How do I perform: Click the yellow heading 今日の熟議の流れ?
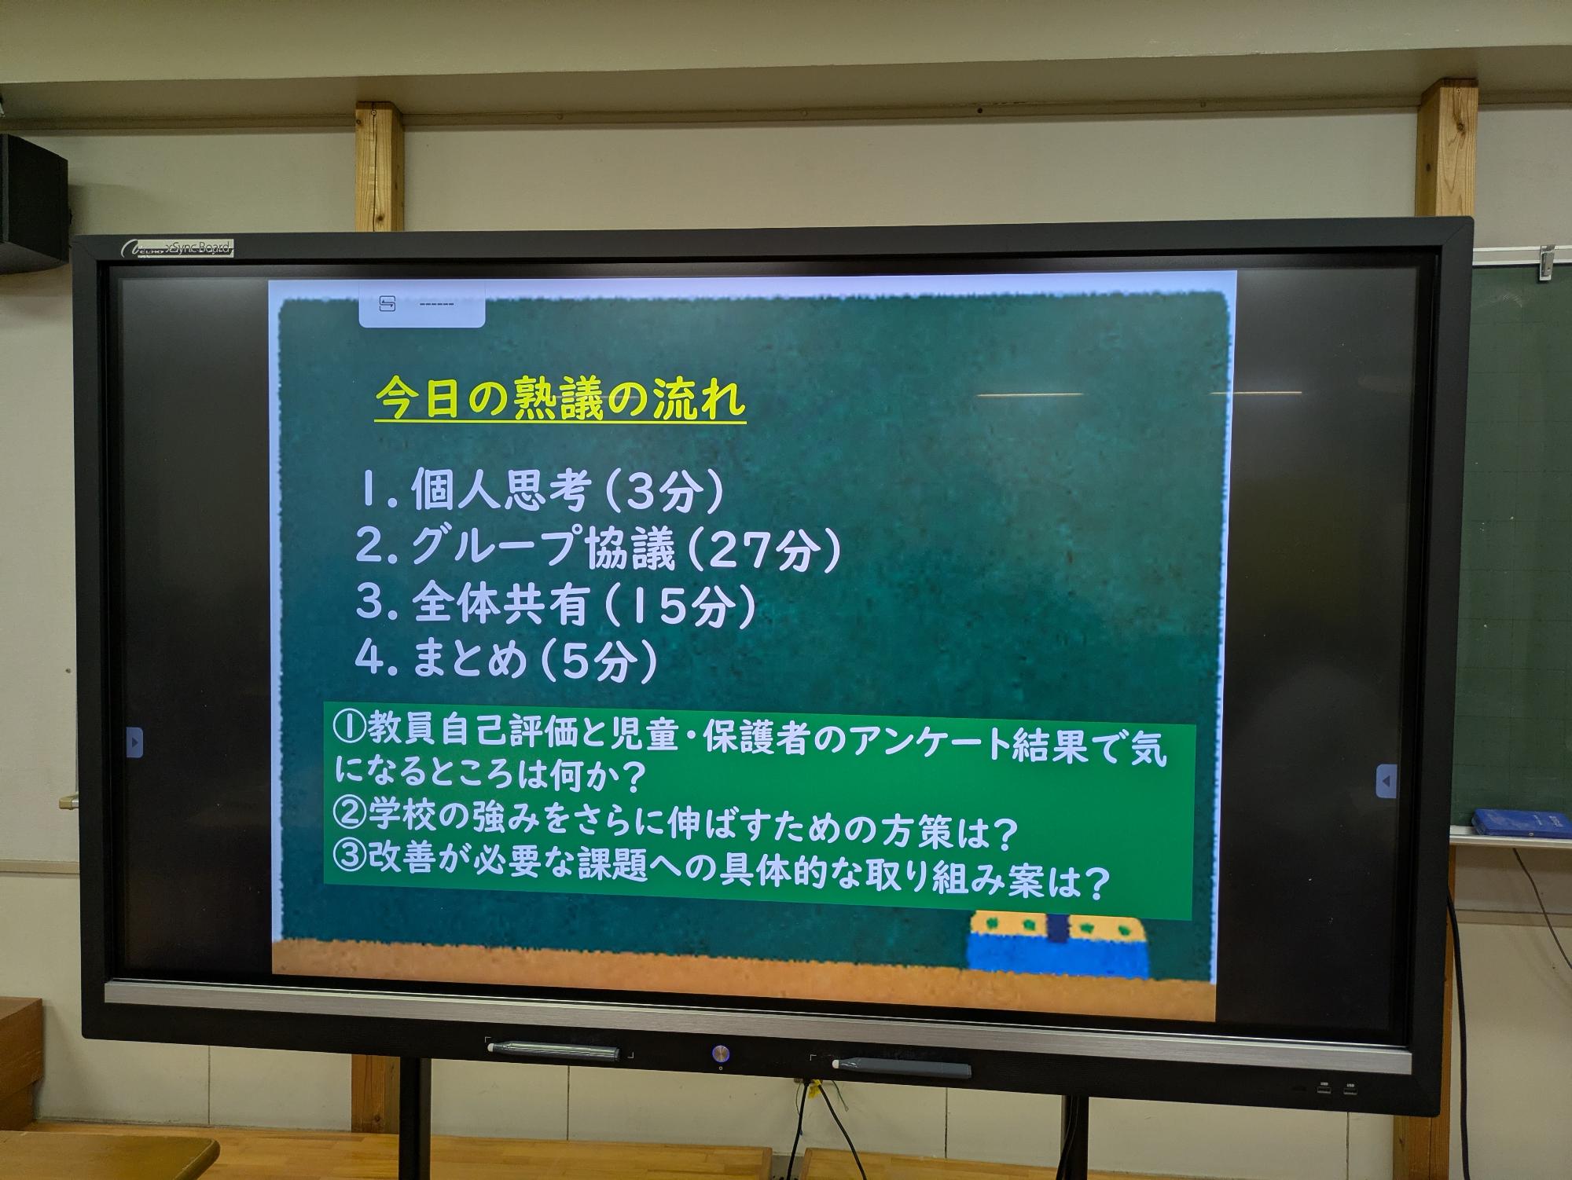click(x=560, y=400)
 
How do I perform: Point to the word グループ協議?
click(x=543, y=548)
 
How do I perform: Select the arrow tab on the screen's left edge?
click(x=134, y=742)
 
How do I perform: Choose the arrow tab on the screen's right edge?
click(x=1387, y=782)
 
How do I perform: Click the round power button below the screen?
click(x=720, y=1052)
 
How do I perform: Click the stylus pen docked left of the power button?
click(x=553, y=1050)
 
